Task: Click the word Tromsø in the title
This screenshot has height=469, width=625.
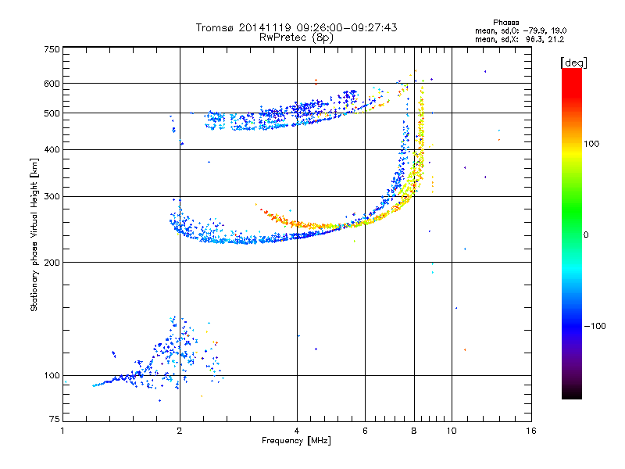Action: (x=216, y=27)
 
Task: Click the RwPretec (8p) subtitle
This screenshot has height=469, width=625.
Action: (x=296, y=38)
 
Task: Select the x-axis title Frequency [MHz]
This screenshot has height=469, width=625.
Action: (x=296, y=441)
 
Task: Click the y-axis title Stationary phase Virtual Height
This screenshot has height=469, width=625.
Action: (x=34, y=235)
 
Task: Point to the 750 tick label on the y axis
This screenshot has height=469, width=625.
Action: (x=52, y=49)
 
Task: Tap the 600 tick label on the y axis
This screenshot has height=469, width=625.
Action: (x=52, y=84)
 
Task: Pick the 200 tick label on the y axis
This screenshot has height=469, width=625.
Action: (x=52, y=263)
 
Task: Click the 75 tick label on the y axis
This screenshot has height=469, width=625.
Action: (x=55, y=419)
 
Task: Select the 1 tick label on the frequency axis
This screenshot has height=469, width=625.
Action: (x=62, y=431)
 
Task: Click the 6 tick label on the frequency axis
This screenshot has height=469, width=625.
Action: (x=365, y=431)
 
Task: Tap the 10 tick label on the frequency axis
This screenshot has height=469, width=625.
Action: (x=452, y=431)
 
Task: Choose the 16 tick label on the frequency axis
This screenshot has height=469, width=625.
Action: (x=531, y=431)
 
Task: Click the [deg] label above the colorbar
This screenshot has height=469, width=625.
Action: (x=573, y=63)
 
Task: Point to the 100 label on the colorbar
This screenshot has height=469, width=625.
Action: (x=591, y=144)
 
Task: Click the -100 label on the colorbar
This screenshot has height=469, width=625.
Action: (x=595, y=326)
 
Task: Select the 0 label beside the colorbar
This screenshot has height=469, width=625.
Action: (x=586, y=235)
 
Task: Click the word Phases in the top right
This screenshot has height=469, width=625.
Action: (x=505, y=23)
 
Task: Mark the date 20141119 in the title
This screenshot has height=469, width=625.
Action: (x=265, y=27)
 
